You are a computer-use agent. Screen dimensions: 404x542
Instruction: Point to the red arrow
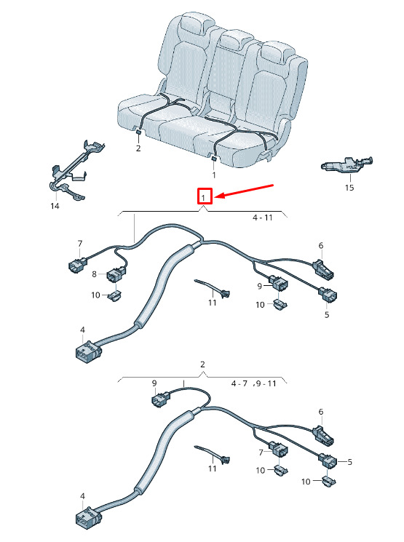245,191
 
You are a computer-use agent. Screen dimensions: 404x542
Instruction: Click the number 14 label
55,206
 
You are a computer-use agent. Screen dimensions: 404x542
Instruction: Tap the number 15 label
349,188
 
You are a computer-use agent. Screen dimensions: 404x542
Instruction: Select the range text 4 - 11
263,218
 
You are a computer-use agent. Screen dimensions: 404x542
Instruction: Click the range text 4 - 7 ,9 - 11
254,383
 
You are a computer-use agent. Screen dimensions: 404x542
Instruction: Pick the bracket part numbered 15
347,164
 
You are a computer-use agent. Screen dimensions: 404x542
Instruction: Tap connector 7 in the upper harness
76,265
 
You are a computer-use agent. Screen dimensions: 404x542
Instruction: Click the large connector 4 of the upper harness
89,351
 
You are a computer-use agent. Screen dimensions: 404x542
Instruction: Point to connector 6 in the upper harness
323,268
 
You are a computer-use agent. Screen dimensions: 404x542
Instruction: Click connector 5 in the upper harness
328,294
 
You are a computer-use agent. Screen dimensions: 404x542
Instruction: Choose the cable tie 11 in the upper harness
213,287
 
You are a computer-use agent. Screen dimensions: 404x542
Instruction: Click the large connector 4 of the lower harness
89,517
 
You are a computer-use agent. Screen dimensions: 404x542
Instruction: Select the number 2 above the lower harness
202,364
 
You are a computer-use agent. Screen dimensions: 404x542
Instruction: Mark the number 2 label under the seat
138,148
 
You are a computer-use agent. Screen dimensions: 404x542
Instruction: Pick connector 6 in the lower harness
323,435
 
